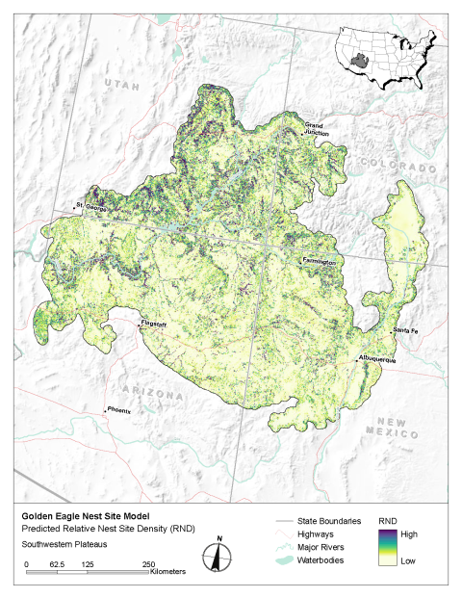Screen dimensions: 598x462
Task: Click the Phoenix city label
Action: (118, 409)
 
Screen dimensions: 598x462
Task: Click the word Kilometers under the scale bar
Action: (168, 572)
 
